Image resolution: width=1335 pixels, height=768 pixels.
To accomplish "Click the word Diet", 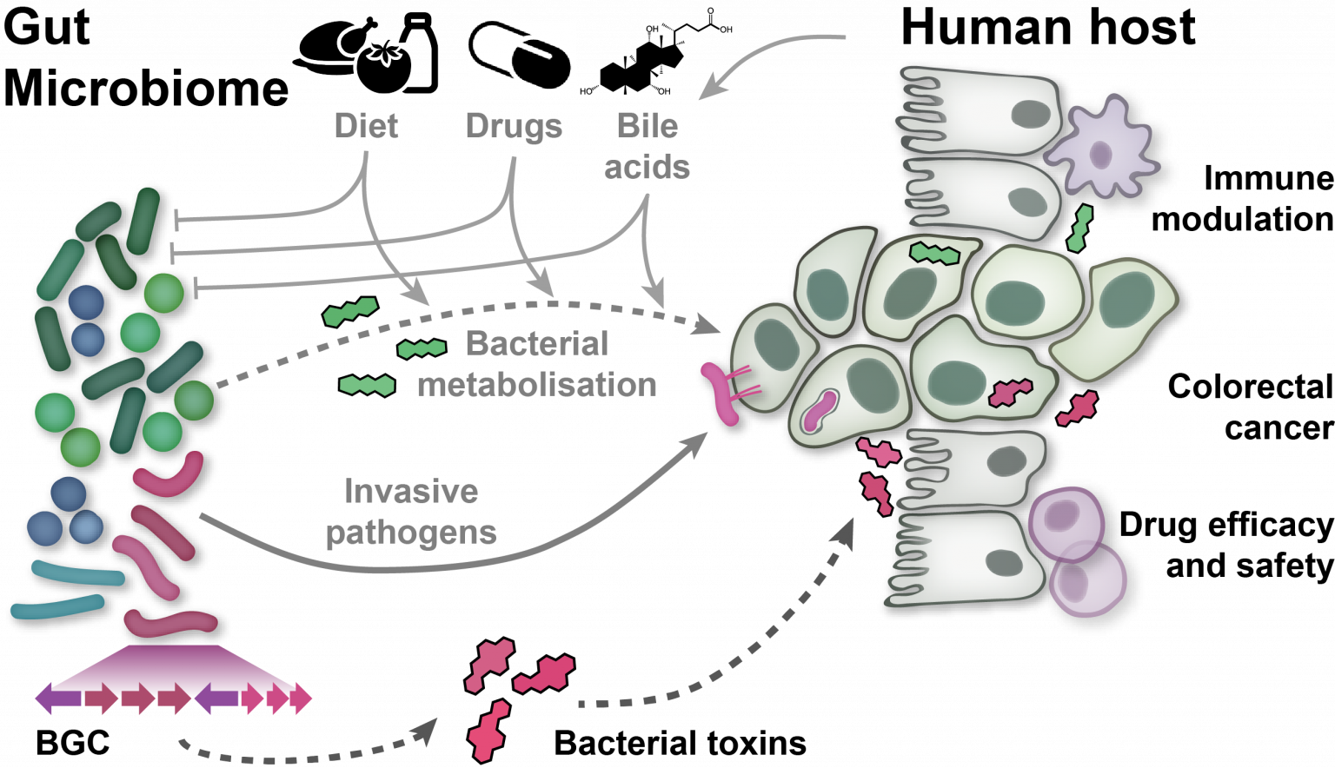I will pyautogui.click(x=366, y=126).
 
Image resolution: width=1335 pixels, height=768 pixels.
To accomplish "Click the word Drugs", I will pyautogui.click(x=514, y=126).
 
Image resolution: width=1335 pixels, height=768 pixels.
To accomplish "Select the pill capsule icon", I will pyautogui.click(x=521, y=57).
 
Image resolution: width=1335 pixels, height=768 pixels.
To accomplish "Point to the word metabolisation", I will pyautogui.click(x=536, y=384).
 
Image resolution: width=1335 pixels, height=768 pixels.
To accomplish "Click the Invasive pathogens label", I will pyautogui.click(x=411, y=512).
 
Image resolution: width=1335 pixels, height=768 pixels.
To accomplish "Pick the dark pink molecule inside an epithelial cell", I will pyautogui.click(x=1010, y=393).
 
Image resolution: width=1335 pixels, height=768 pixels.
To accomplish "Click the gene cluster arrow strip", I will pyautogui.click(x=174, y=698).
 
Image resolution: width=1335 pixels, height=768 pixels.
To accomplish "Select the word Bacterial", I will pyautogui.click(x=536, y=344).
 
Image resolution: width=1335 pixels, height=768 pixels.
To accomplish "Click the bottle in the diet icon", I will pyautogui.click(x=421, y=54).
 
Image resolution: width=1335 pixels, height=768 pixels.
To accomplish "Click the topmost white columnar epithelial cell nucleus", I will pyautogui.click(x=1032, y=114).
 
